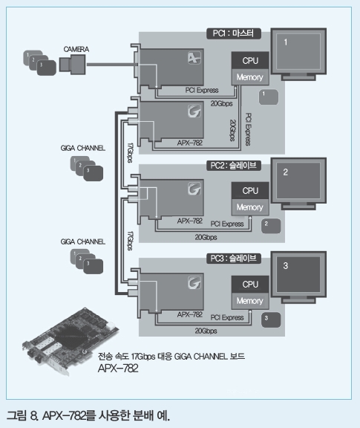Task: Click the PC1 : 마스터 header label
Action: pyautogui.click(x=234, y=33)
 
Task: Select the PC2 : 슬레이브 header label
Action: pyautogui.click(x=234, y=166)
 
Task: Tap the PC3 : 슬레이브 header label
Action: pyautogui.click(x=234, y=259)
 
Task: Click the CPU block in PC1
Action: pyautogui.click(x=250, y=60)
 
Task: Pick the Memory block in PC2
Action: pyautogui.click(x=250, y=207)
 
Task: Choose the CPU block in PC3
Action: pyautogui.click(x=250, y=284)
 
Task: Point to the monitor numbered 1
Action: pyautogui.click(x=298, y=54)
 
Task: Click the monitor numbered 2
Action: pyautogui.click(x=298, y=184)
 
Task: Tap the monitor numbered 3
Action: pyautogui.click(x=298, y=277)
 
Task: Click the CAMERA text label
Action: pyautogui.click(x=76, y=49)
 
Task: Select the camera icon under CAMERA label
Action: pyautogui.click(x=73, y=65)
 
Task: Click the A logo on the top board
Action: pyautogui.click(x=194, y=58)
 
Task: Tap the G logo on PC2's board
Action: pyautogui.click(x=194, y=189)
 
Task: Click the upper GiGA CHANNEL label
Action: pyautogui.click(x=83, y=148)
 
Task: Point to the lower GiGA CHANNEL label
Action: pyautogui.click(x=83, y=241)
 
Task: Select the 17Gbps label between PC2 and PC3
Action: pyautogui.click(x=131, y=241)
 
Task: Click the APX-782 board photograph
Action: pyautogui.click(x=71, y=341)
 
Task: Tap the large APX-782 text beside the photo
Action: pyautogui.click(x=118, y=369)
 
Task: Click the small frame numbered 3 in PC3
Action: pyautogui.click(x=271, y=320)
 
